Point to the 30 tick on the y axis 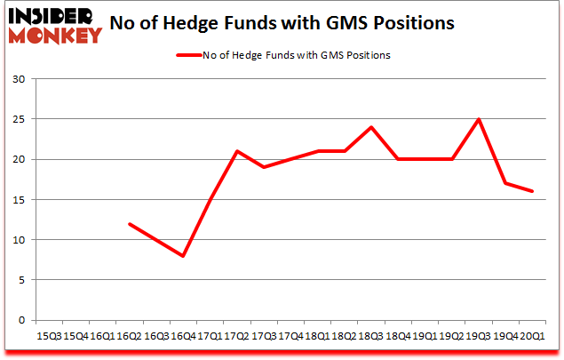(19, 79)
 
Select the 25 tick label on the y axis (19, 119)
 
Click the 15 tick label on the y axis (19, 200)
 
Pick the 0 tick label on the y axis (21, 320)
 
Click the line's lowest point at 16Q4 (183, 256)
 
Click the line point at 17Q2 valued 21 (235, 151)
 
